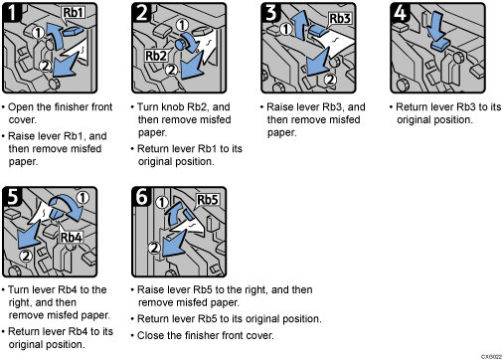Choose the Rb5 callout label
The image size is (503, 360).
click(x=208, y=199)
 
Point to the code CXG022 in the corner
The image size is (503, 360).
click(x=488, y=355)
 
